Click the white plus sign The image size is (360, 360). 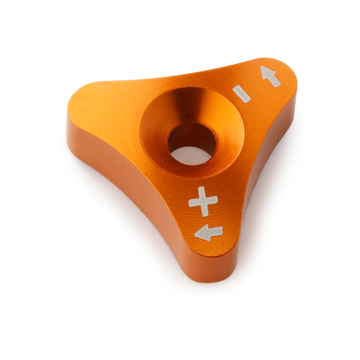(x=203, y=200)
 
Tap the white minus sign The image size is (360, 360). (x=242, y=94)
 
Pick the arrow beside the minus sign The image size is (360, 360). (x=270, y=76)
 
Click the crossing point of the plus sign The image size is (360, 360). (x=203, y=200)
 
